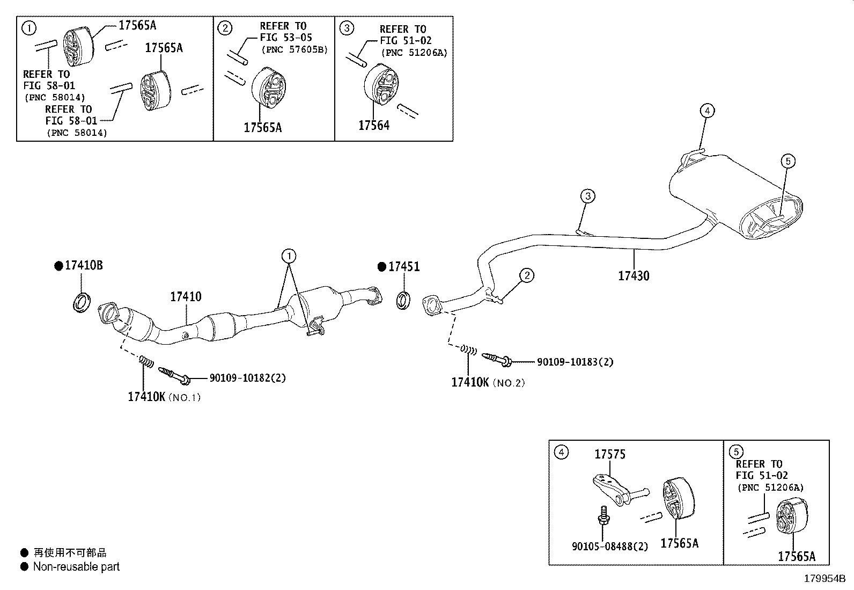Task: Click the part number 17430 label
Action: coord(633,275)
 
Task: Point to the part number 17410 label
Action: coord(186,296)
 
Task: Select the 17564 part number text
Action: coord(374,125)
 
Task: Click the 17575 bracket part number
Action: coord(610,454)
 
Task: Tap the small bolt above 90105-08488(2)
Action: coord(603,515)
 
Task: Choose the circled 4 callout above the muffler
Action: coord(707,111)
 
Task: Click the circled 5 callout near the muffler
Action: coord(788,161)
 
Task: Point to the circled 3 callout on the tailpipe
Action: coord(588,196)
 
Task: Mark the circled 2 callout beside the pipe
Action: coord(527,275)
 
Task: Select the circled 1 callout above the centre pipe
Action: coord(289,256)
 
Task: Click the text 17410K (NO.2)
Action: coord(488,382)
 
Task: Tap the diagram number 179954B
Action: coord(824,579)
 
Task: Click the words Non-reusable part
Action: coord(76,567)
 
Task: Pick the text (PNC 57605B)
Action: coord(295,49)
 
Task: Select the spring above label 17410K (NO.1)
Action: coord(146,361)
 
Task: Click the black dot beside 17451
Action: coord(381,267)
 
